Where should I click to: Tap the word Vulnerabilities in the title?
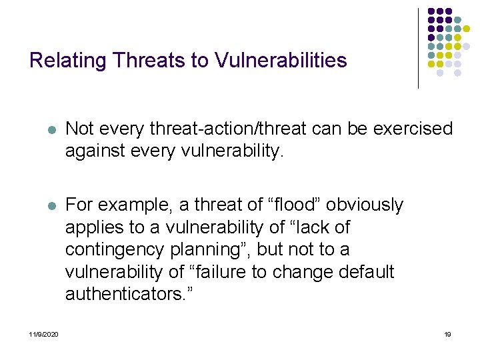point(281,61)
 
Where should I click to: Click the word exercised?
point(409,128)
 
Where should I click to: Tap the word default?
point(365,273)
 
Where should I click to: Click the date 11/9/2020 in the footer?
point(43,334)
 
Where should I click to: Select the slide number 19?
point(447,334)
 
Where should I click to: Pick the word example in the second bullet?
point(131,205)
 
